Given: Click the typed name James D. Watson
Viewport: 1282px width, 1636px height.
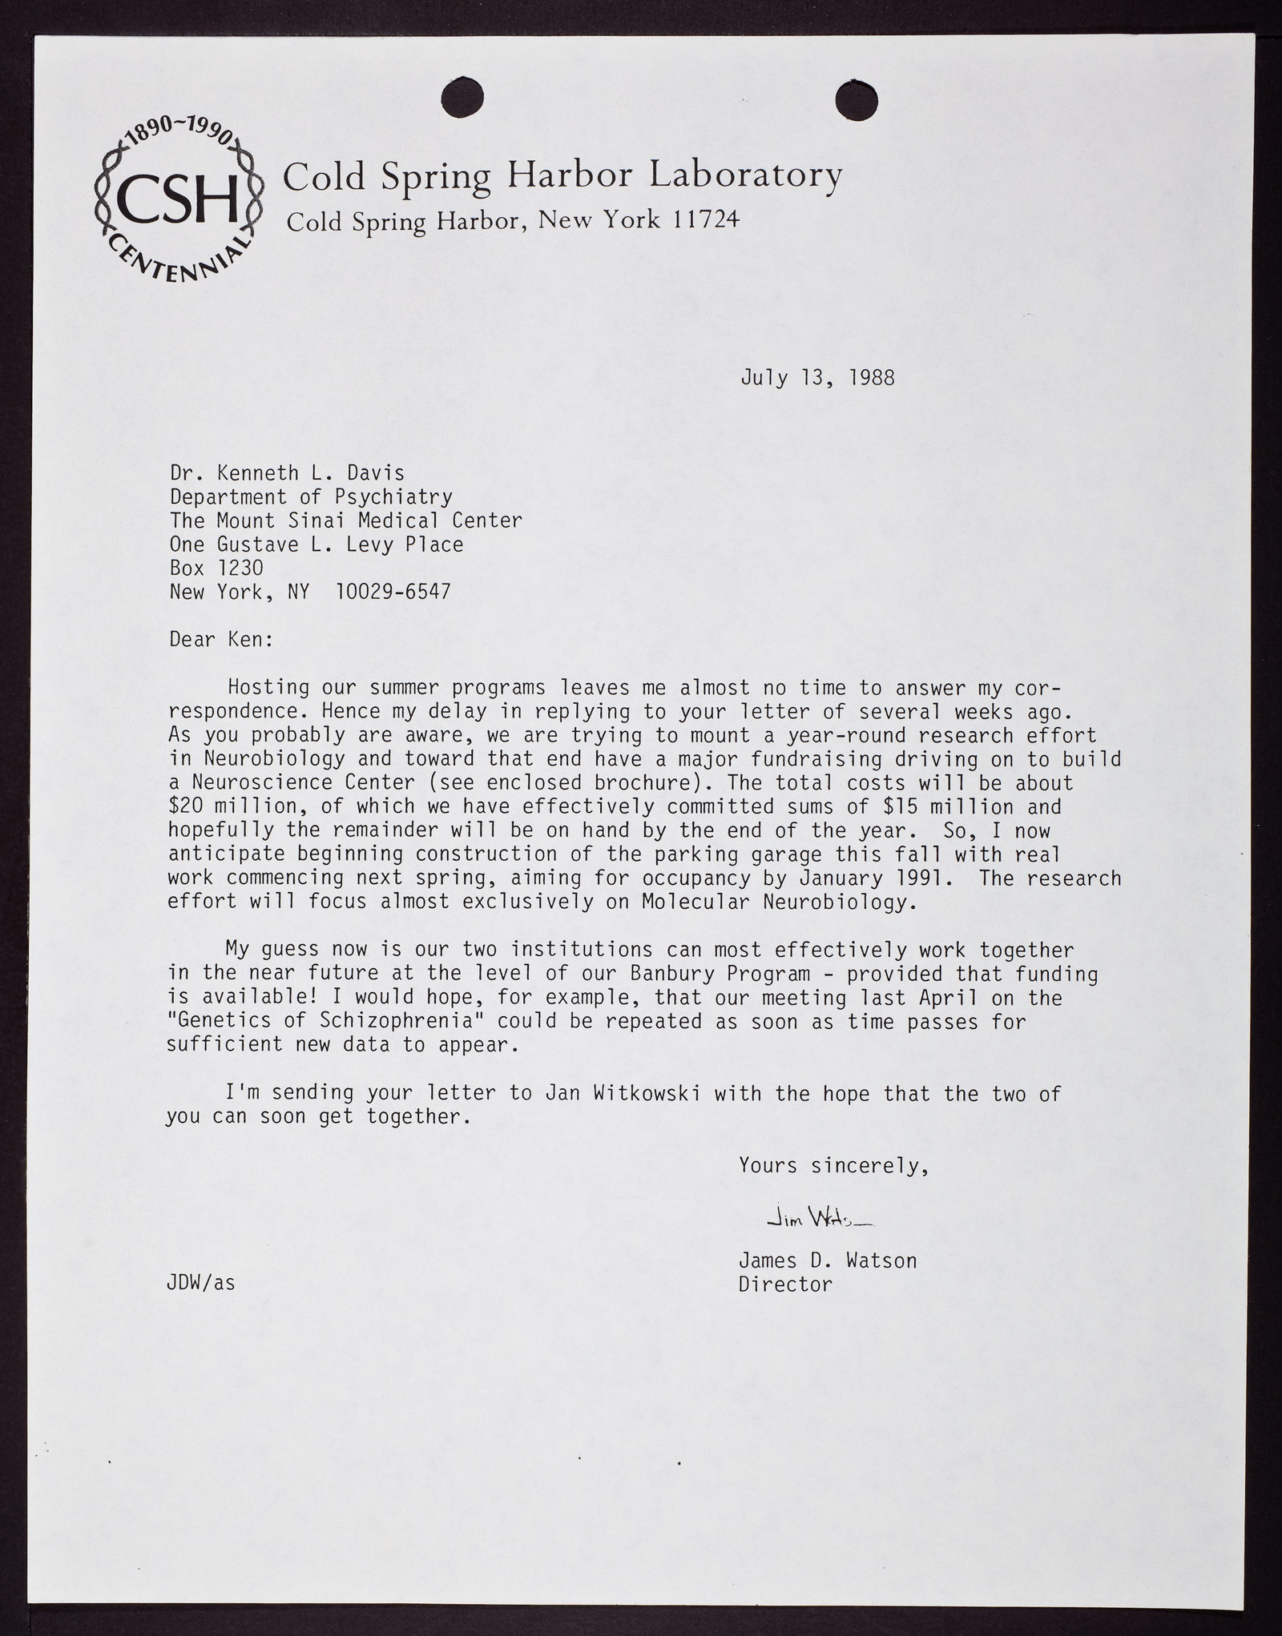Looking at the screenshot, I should [827, 1260].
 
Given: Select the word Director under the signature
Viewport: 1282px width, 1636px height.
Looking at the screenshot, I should [785, 1284].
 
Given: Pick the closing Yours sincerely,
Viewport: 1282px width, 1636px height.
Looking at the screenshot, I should [833, 1165].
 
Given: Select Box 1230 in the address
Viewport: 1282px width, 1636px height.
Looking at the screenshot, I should [216, 569].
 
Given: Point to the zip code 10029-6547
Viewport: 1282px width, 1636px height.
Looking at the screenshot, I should [393, 593].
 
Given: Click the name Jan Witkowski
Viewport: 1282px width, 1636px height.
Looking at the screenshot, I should [620, 1093].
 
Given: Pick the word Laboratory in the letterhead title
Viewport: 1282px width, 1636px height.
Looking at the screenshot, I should [745, 175].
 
